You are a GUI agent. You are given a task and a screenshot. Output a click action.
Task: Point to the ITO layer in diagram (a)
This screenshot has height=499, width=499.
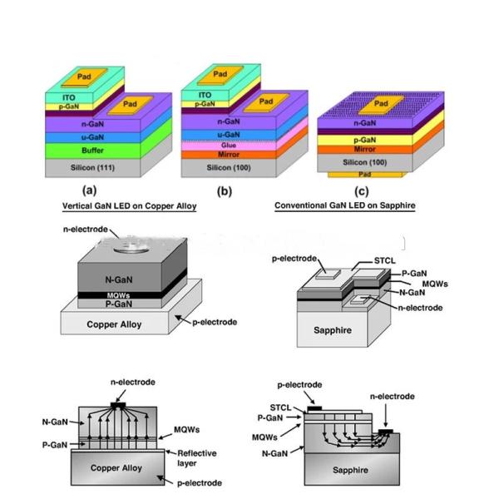pos(57,97)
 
